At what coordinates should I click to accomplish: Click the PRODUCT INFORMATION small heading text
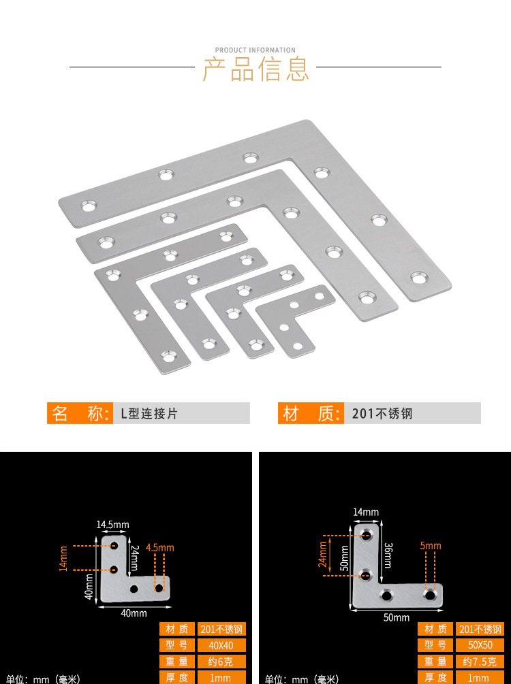(255, 50)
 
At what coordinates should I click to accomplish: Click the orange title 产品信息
(255, 69)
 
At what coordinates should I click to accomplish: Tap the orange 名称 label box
(79, 413)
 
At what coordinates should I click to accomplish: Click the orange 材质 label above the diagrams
(310, 413)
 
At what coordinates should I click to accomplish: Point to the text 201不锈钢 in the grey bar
(382, 413)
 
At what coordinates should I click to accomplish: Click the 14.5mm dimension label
(112, 525)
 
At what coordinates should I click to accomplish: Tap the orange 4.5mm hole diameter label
(160, 547)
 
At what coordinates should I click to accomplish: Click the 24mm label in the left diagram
(135, 558)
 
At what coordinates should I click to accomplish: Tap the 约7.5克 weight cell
(480, 662)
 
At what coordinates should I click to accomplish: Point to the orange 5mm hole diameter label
(431, 546)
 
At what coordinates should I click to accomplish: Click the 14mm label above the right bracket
(366, 512)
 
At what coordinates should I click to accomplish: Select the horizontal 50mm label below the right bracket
(397, 617)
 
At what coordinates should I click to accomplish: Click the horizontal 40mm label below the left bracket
(134, 613)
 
